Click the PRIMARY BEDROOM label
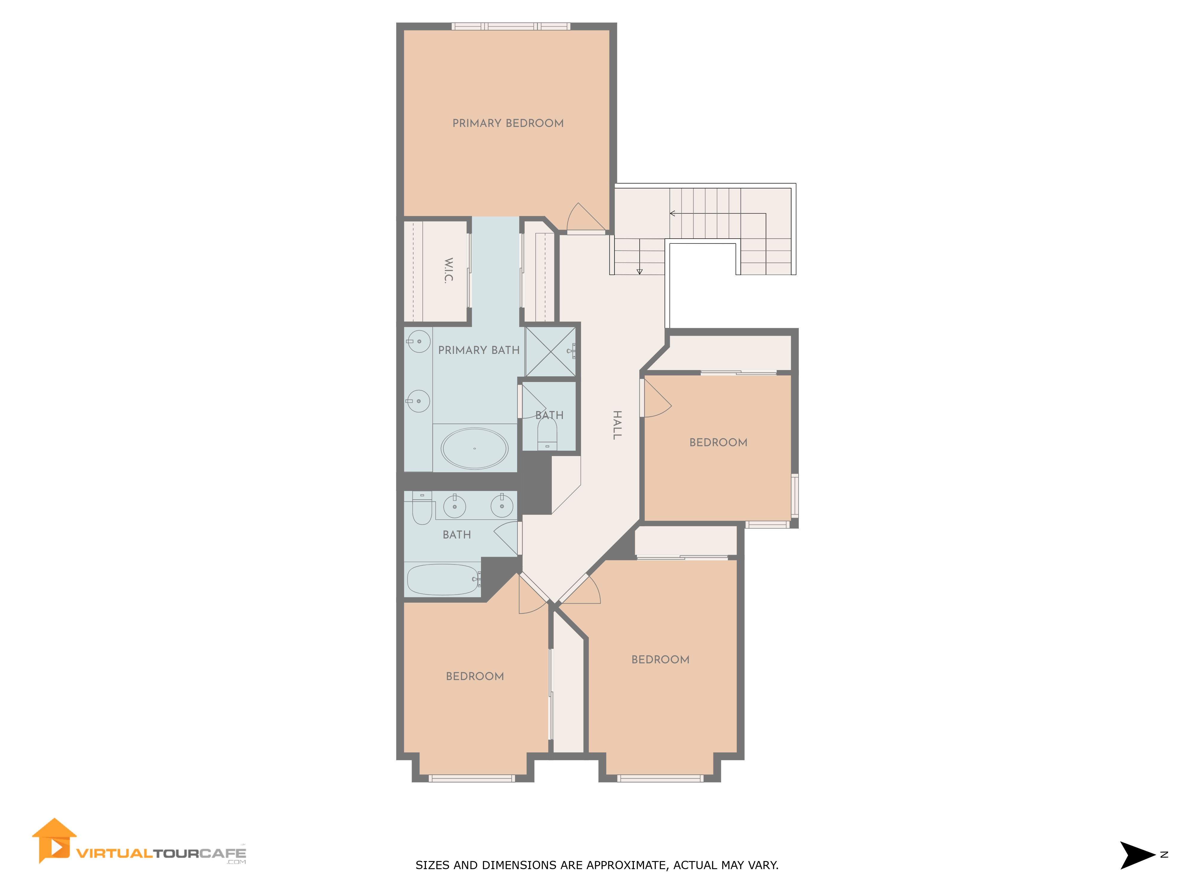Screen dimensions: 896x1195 (x=508, y=123)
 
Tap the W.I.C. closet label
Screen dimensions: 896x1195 (x=448, y=270)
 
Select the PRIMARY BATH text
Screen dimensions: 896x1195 (x=479, y=350)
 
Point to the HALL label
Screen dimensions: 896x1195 (x=617, y=425)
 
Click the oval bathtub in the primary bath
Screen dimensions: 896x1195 (x=474, y=448)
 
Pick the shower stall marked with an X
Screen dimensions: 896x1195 (x=550, y=352)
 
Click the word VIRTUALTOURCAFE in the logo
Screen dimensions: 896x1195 (x=161, y=853)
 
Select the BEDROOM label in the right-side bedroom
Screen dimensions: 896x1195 (x=718, y=442)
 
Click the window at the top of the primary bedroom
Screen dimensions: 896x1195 (x=511, y=26)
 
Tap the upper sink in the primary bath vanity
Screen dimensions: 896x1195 (x=419, y=341)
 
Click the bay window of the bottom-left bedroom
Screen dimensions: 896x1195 (x=472, y=778)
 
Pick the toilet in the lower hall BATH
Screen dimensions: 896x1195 (x=422, y=510)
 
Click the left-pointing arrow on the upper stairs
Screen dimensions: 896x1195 (x=672, y=213)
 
